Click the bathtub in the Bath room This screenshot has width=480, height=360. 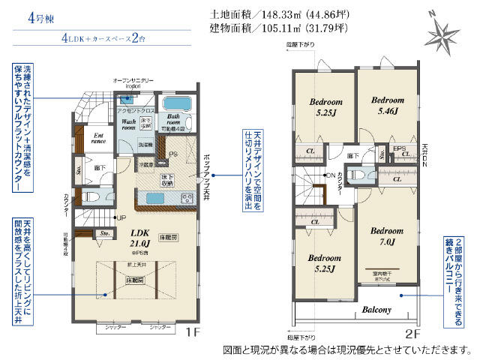point(178,104)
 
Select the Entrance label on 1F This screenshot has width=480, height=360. point(98,138)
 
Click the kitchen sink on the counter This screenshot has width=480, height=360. point(149,198)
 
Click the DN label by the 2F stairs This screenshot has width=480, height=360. point(330,175)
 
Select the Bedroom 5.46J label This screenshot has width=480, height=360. point(388,105)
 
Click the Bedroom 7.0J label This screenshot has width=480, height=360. point(388,236)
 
